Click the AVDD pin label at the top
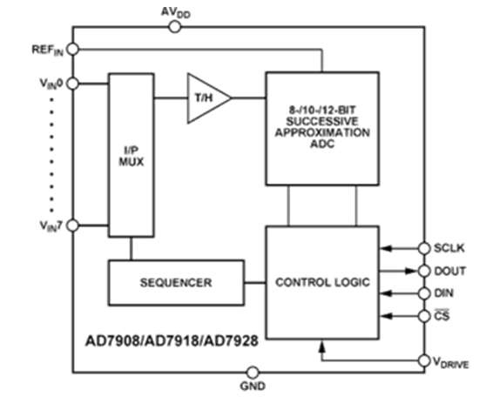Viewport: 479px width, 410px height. (174, 12)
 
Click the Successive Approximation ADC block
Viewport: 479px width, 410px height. (321, 128)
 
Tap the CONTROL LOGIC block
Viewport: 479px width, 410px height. (321, 283)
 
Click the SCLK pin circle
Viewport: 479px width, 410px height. (424, 247)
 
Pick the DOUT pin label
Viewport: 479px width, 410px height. (449, 271)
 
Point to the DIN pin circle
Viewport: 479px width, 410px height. (424, 293)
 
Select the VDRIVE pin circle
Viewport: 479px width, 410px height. (424, 360)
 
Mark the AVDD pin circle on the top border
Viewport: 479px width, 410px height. (174, 27)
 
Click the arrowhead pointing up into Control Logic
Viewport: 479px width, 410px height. (324, 346)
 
